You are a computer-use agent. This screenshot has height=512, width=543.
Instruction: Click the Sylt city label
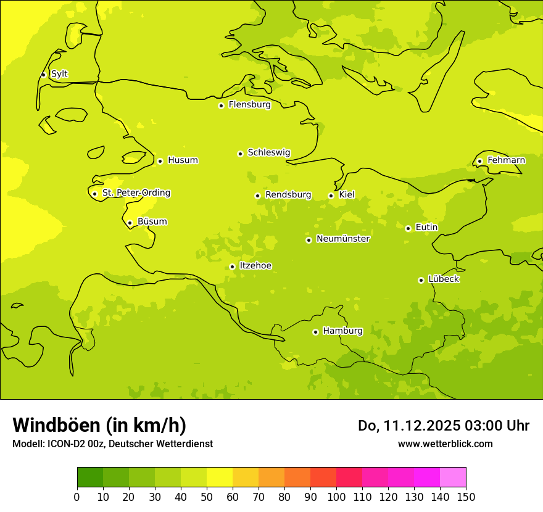[59, 74]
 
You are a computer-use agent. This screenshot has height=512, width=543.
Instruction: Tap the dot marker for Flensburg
[221, 105]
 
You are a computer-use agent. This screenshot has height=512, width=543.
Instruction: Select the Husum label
[183, 160]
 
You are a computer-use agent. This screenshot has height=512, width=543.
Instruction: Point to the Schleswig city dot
[240, 154]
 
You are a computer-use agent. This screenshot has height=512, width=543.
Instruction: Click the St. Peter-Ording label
[136, 193]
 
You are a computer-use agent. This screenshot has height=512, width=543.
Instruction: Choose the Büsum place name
[152, 221]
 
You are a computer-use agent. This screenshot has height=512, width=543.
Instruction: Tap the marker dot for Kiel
[331, 196]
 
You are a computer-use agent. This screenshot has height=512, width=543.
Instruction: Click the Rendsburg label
[288, 195]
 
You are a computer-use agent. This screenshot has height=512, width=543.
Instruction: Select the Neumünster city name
[343, 239]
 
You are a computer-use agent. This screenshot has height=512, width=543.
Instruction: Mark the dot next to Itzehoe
[232, 266]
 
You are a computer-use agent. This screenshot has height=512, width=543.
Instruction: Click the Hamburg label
[342, 331]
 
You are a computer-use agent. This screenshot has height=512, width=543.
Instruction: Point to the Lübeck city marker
[421, 280]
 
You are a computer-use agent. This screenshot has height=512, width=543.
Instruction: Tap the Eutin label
[426, 228]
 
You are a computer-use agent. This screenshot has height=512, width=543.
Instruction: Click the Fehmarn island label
[506, 160]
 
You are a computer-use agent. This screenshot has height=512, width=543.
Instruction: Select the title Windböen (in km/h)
[99, 425]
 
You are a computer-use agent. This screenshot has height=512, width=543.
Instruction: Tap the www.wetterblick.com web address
[445, 444]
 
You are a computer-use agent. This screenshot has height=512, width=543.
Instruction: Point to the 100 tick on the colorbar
[336, 497]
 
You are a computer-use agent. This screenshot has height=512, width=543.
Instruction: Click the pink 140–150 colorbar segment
[453, 477]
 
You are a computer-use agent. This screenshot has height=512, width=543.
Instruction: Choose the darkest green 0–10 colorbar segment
[90, 477]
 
